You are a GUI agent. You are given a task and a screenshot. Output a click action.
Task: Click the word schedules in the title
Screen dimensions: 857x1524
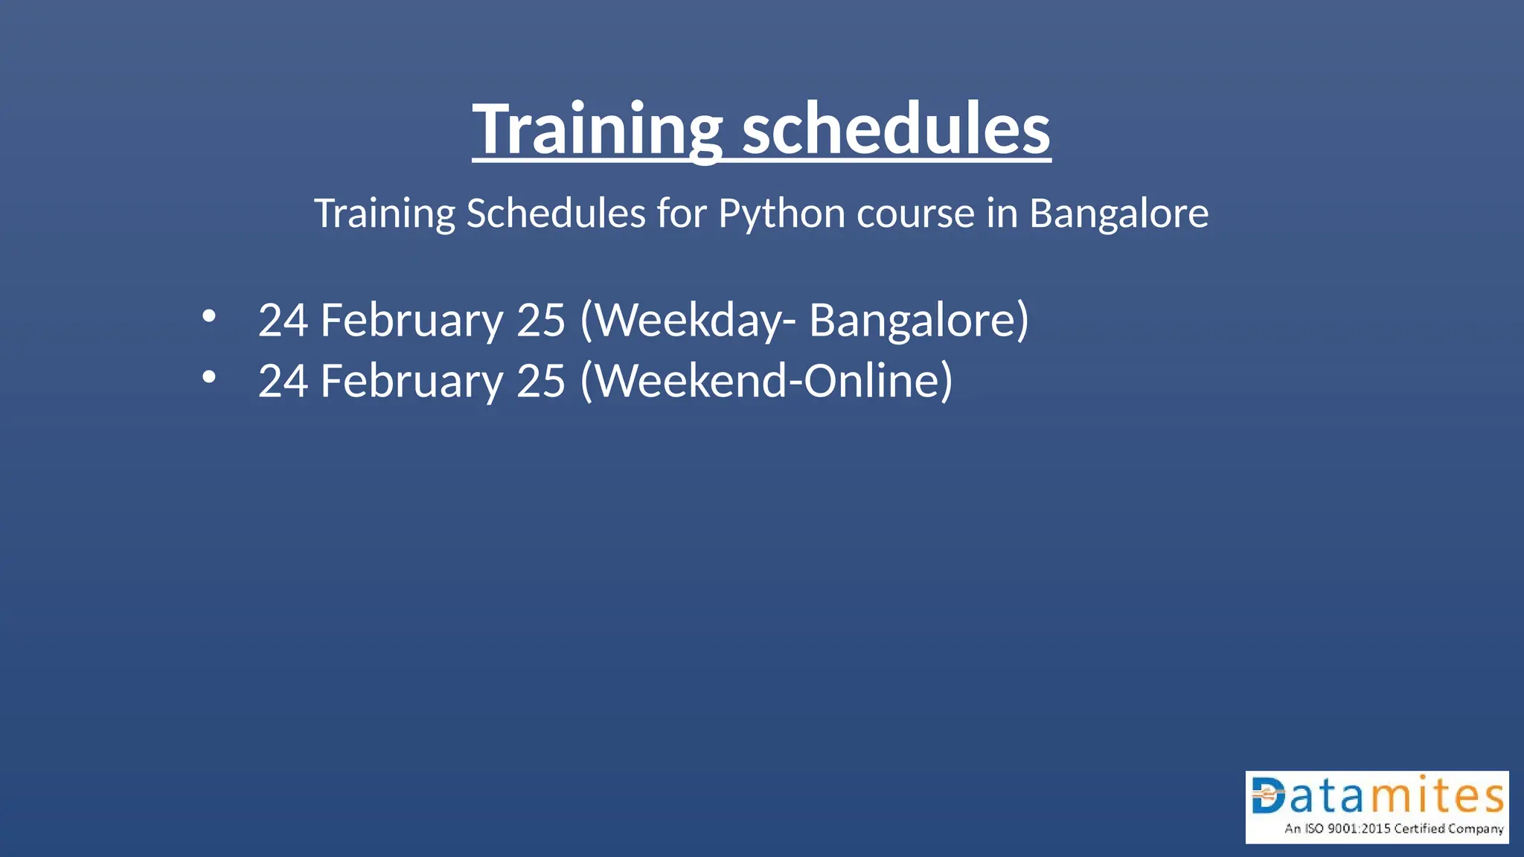coord(896,129)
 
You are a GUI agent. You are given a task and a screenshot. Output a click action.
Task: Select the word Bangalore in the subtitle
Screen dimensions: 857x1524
coord(1118,214)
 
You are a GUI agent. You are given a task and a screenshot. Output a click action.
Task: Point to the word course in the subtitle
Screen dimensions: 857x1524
coord(915,214)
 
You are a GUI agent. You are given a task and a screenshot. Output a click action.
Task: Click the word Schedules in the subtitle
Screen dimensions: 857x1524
coord(556,214)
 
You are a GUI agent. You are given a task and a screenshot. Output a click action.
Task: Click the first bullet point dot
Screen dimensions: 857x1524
coord(209,317)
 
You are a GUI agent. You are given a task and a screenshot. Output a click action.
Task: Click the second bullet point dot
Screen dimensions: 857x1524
coord(209,378)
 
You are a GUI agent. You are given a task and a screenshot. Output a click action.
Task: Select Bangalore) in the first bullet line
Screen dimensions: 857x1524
coord(919,321)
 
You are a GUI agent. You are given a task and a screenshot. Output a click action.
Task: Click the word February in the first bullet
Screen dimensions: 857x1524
coord(412,321)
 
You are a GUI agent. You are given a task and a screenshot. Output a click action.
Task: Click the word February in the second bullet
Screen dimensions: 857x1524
coord(412,382)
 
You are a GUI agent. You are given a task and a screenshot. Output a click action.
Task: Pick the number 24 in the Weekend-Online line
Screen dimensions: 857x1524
coord(283,382)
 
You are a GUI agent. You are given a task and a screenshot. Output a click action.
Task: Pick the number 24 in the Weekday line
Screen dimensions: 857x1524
coord(283,321)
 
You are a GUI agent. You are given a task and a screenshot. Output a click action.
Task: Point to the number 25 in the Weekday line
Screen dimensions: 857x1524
coord(541,321)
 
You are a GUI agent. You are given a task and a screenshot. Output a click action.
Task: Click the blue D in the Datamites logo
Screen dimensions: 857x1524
coord(1269,796)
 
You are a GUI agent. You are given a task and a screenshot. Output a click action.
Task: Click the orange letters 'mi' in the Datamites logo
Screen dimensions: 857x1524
coord(1403,796)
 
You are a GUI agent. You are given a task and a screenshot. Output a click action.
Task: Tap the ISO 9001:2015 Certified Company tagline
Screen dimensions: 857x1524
coord(1393,829)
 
